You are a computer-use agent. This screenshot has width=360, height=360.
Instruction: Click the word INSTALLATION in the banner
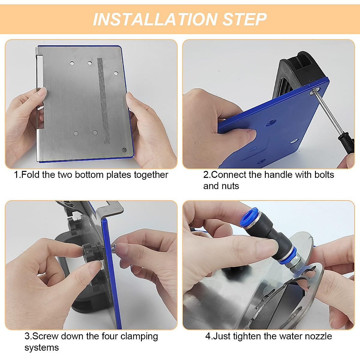[155, 19]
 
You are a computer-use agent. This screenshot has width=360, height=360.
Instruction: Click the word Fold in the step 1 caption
[30, 175]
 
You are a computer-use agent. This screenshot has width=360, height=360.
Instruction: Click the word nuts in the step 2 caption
[230, 186]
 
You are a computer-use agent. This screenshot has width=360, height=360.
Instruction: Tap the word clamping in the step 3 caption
[139, 337]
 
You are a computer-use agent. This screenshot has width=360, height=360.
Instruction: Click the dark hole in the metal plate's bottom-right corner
[124, 150]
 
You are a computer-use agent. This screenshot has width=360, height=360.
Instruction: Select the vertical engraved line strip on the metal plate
[103, 101]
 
